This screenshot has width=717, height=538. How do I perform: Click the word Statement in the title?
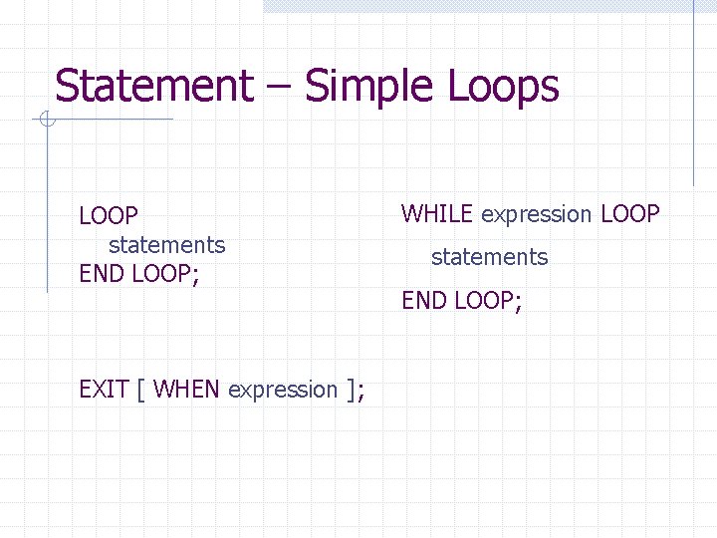pyautogui.click(x=153, y=86)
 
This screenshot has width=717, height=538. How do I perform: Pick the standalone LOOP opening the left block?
pyautogui.click(x=109, y=216)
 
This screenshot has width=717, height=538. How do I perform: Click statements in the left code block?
pyautogui.click(x=167, y=244)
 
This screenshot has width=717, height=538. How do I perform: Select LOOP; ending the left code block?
pyautogui.click(x=164, y=273)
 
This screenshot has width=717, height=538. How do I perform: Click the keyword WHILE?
pyautogui.click(x=438, y=214)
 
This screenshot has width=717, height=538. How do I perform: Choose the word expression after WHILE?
pyautogui.click(x=536, y=214)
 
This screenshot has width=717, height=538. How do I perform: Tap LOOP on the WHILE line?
pyautogui.click(x=630, y=214)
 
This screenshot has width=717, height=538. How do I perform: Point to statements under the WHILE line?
pyautogui.click(x=489, y=257)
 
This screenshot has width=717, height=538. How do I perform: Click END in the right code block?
pyautogui.click(x=423, y=300)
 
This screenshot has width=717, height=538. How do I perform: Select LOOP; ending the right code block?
pyautogui.click(x=487, y=300)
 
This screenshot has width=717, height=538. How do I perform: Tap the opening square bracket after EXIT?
pyautogui.click(x=141, y=390)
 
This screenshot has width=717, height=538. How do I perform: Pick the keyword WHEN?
pyautogui.click(x=187, y=390)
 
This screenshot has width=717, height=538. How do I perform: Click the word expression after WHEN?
pyautogui.click(x=283, y=390)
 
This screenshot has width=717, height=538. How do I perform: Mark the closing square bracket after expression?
pyautogui.click(x=352, y=390)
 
